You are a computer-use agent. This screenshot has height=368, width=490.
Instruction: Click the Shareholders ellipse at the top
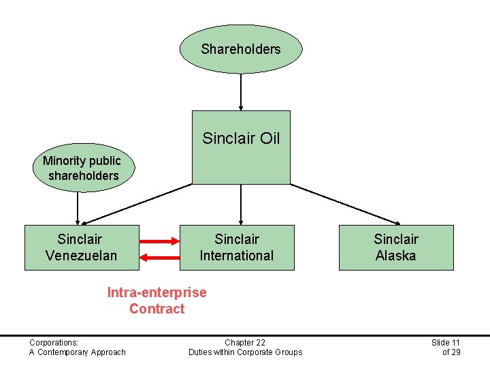(x=240, y=49)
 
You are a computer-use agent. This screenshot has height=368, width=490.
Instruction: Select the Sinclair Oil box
(x=241, y=147)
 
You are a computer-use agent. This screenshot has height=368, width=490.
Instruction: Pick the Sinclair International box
(x=237, y=247)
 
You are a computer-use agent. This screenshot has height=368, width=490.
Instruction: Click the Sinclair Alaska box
(x=395, y=247)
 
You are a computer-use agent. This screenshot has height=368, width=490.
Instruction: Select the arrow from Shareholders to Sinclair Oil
(x=241, y=91)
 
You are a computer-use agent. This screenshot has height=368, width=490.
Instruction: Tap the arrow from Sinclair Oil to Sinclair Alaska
(x=346, y=203)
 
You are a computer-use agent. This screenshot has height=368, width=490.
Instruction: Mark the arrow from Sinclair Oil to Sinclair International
(x=241, y=204)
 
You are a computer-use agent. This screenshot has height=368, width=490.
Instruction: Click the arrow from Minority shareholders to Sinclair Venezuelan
(x=78, y=209)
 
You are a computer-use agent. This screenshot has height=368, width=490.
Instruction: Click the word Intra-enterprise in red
(x=157, y=292)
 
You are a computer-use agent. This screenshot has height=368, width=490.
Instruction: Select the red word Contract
(x=157, y=309)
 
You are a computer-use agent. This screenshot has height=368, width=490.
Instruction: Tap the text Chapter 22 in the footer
(x=245, y=342)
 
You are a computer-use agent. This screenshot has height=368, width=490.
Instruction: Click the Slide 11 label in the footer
(x=446, y=342)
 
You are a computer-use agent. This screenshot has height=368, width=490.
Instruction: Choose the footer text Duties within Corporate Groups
(x=245, y=352)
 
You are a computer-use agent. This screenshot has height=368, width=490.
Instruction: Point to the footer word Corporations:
(x=54, y=342)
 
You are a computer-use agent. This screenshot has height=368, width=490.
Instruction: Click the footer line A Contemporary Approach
(x=77, y=352)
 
